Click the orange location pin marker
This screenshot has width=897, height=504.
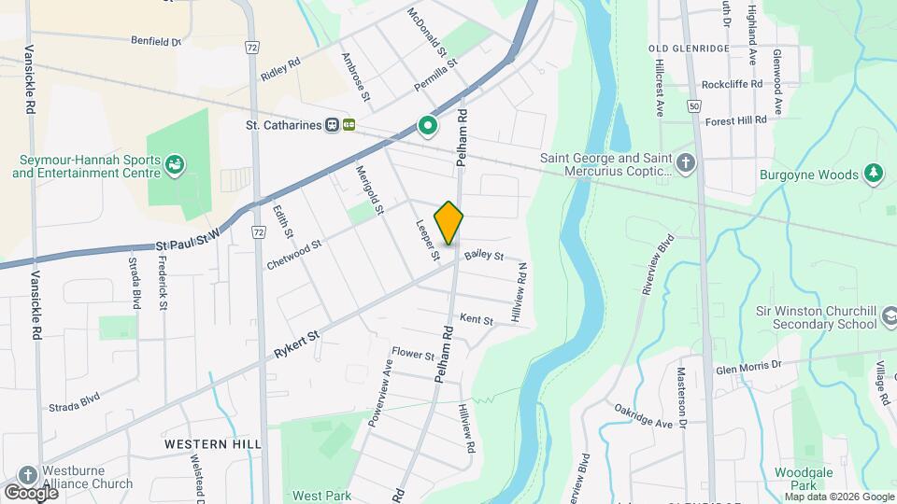pos(449,222)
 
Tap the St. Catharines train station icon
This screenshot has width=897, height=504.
pos(332,125)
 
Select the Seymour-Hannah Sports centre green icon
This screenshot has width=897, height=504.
pos(174,166)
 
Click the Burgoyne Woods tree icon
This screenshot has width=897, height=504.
pos(874,173)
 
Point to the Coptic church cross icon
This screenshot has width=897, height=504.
pos(687,164)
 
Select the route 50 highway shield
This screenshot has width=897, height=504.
pos(693,106)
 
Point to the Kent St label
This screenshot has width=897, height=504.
pos(477,320)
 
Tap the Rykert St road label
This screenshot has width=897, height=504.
pos(297,343)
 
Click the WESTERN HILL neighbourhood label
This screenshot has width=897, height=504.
pos(213,444)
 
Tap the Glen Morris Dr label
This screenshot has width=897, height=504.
pos(747,366)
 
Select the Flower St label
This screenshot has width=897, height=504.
pos(413,355)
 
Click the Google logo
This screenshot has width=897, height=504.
pos(31,492)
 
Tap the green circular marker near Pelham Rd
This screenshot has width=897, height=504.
pos(428,124)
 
